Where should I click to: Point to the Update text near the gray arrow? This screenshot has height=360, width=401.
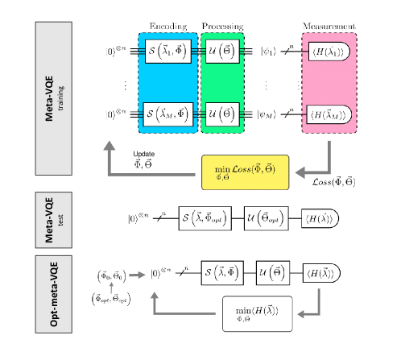pos(145,155)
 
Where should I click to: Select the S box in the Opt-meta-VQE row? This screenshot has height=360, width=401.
pos(224,272)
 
